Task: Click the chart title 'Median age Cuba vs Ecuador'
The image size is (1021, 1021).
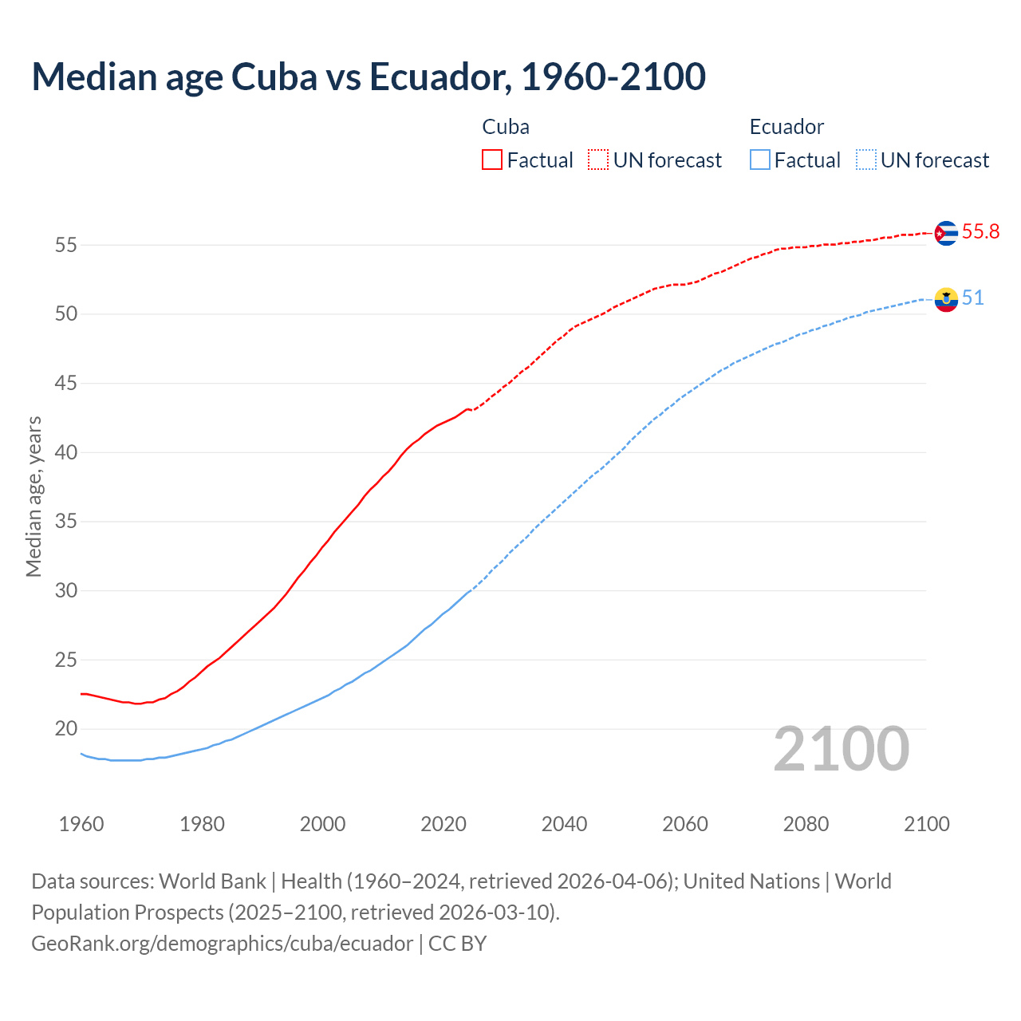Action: point(368,77)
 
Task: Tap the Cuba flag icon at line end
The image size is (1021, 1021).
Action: point(945,233)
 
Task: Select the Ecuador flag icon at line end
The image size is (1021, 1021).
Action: point(945,299)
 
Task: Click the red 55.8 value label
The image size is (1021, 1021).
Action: point(980,231)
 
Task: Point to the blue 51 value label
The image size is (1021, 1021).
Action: point(972,298)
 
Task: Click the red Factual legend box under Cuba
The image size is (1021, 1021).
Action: point(492,160)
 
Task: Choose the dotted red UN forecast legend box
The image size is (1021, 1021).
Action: point(598,160)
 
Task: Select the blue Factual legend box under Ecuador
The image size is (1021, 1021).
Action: point(759,160)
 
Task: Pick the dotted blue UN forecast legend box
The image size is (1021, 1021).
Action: point(865,160)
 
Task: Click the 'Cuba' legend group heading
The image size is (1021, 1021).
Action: point(506,127)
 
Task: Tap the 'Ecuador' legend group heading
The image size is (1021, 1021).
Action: point(786,127)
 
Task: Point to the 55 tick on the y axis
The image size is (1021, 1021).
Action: point(66,245)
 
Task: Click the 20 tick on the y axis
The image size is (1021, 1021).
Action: point(66,729)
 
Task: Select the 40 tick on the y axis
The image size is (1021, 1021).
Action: point(66,452)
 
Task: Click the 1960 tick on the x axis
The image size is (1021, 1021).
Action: point(81,824)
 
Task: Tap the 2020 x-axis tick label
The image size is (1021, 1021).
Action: point(443,824)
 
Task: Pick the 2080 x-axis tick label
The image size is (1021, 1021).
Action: point(806,824)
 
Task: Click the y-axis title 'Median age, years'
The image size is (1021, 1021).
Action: point(34,496)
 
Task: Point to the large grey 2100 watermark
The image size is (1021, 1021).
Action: point(842,749)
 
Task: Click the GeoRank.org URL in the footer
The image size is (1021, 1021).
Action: point(222,944)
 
